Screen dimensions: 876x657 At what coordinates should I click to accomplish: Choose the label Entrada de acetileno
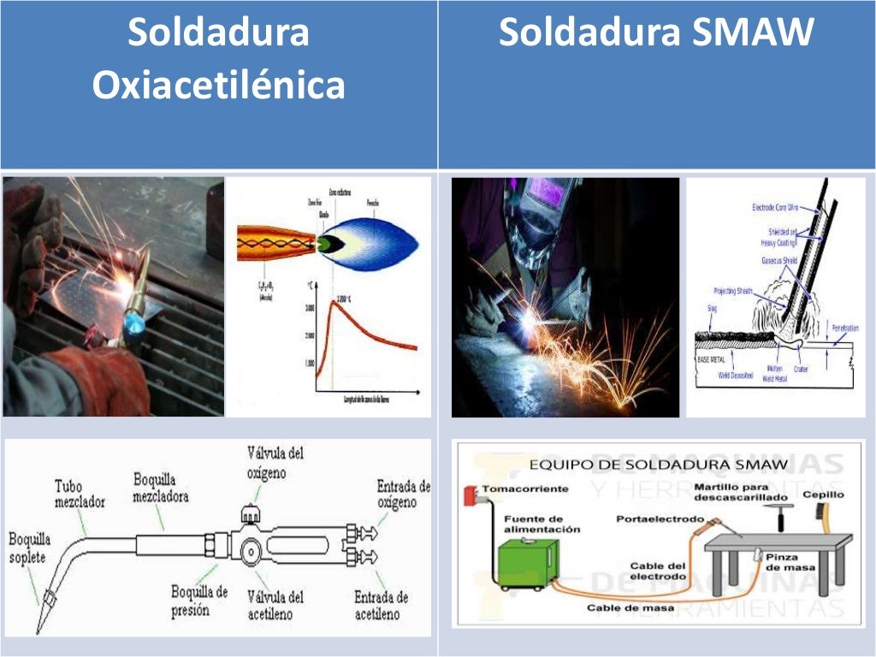(382, 605)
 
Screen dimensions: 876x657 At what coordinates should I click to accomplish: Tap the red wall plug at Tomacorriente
(469, 495)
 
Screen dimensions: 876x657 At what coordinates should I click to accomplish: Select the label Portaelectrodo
(660, 518)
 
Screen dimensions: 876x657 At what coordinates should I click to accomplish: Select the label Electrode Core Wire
(780, 207)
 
